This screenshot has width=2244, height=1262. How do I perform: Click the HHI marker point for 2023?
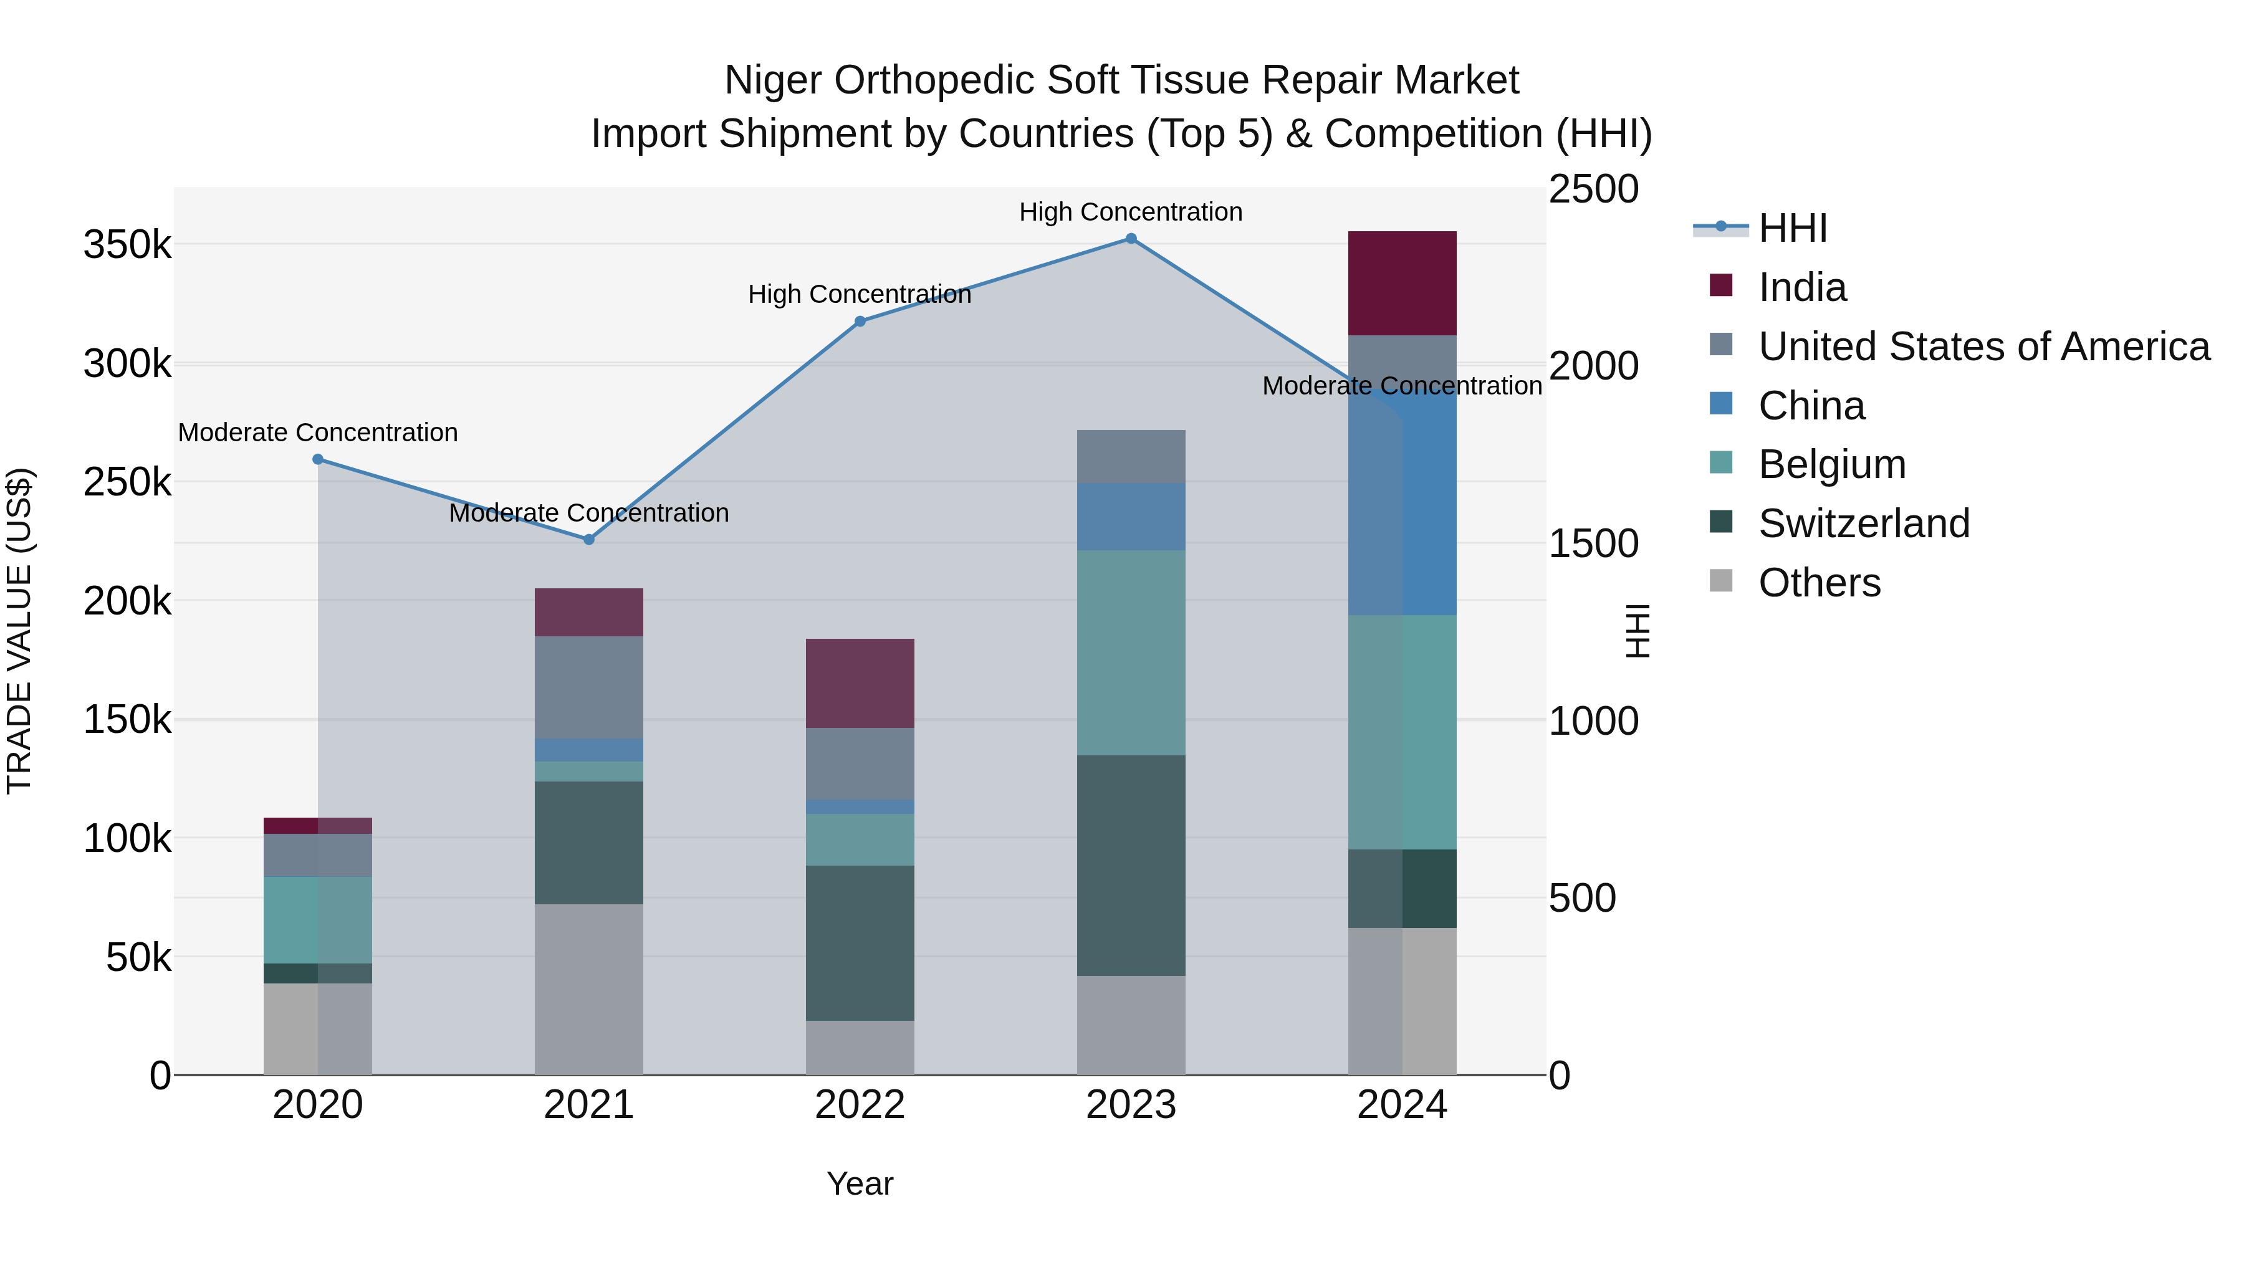point(1131,239)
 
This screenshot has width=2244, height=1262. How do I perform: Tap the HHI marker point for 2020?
point(318,459)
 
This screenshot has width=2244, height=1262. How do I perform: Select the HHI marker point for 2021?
point(589,539)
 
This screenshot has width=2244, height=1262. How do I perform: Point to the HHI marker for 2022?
point(860,322)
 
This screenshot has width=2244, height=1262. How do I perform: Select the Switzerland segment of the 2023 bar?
point(1131,865)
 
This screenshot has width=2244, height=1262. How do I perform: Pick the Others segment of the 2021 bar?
point(589,990)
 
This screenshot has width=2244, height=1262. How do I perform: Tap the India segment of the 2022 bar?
point(860,683)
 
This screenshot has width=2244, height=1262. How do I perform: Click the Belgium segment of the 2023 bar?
point(1131,653)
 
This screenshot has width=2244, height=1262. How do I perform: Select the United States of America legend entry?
point(1983,347)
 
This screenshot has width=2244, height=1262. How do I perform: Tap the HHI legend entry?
point(1792,228)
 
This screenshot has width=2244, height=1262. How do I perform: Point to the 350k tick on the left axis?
point(127,245)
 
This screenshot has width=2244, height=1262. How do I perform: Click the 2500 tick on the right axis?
point(1593,190)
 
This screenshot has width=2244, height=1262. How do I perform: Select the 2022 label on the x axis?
point(860,1105)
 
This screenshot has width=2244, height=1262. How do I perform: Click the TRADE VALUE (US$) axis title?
point(19,631)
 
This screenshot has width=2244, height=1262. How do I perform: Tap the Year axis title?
point(860,1183)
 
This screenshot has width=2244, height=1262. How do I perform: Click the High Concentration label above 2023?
point(1131,212)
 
